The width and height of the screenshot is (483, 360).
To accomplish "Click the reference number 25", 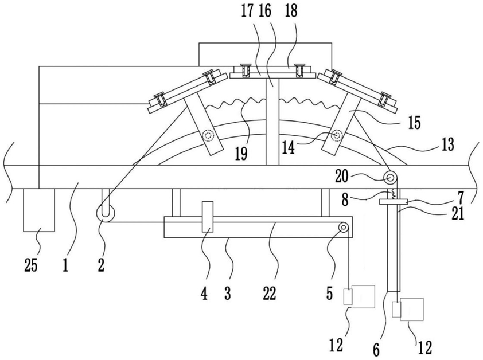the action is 31,265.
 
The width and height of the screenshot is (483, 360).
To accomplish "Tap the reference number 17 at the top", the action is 247,11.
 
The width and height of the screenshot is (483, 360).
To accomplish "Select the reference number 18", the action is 291,11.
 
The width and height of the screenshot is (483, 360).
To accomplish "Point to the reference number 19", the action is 241,154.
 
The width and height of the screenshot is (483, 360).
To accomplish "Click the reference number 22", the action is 270,293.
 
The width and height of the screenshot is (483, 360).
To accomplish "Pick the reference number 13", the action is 447,144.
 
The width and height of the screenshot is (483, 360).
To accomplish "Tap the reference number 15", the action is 415,123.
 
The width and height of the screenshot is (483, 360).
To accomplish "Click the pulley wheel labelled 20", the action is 390,178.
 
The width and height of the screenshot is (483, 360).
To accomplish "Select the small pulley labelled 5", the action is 343,228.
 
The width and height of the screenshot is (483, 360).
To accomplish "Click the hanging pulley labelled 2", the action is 105,213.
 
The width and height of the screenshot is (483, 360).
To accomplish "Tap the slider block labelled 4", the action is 208,217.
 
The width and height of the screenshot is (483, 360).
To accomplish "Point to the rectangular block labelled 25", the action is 39,210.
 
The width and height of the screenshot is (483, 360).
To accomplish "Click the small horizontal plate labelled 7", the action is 394,202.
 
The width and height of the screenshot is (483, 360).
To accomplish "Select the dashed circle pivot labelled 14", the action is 337,135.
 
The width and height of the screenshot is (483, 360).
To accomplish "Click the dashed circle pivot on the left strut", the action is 208,135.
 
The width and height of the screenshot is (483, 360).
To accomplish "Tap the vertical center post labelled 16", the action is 272,122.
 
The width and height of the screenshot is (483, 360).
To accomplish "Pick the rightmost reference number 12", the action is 424,347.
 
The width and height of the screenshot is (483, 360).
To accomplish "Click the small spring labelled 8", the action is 393,194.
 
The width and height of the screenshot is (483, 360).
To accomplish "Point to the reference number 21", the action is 458,213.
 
